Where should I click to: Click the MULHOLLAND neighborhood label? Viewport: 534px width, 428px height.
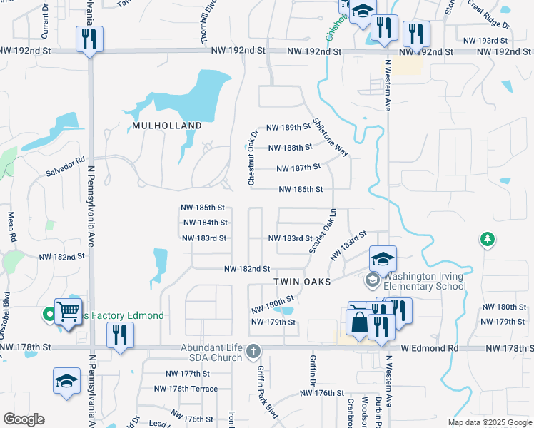pos(166,126)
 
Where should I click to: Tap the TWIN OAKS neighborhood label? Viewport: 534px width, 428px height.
pos(303,282)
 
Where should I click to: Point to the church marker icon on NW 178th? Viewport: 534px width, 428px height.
pos(254,350)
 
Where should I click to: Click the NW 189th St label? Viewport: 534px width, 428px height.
pos(288,127)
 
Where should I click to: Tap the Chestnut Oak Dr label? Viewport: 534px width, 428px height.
pos(253,158)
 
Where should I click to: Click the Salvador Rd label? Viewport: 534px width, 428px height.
pos(65,166)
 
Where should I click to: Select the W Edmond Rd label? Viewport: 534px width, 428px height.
pos(428,348)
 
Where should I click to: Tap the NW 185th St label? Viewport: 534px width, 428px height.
pos(203,208)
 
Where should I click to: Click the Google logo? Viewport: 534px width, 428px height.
pos(24,419)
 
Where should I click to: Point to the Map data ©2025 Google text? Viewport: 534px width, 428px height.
pos(489,422)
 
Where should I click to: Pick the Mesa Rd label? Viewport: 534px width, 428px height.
pos(11,226)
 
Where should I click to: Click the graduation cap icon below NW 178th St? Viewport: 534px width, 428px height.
pos(66,381)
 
